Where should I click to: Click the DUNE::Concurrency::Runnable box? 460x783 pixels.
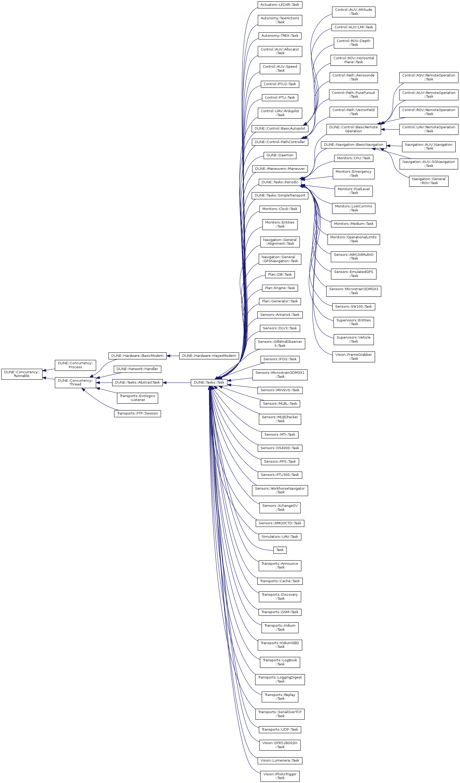[22, 374]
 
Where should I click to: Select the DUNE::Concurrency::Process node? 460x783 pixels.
[75, 365]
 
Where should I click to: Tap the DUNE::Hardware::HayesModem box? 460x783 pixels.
[209, 356]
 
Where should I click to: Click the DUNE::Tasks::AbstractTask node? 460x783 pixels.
[137, 383]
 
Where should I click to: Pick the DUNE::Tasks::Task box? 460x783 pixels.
[209, 383]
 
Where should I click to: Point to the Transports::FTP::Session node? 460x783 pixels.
[137, 413]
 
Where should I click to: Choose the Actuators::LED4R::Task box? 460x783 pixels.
[280, 5]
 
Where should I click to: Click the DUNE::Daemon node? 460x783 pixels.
[280, 155]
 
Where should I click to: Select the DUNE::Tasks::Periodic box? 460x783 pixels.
[280, 182]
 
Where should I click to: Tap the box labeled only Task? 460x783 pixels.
[280, 550]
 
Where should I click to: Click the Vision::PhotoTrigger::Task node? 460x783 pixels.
[280, 776]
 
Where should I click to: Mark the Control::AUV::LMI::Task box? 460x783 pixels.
[353, 27]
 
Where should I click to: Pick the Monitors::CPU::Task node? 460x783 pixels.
[353, 158]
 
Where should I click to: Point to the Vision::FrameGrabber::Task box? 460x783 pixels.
[353, 357]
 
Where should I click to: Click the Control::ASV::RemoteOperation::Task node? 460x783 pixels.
[429, 77]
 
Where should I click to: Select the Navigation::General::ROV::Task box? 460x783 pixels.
[429, 181]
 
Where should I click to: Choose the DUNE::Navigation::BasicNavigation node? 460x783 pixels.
[353, 144]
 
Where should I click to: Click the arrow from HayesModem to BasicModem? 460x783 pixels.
[173, 356]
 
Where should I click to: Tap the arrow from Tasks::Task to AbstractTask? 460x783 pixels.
[176, 383]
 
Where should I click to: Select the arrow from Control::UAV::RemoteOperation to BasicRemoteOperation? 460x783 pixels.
[390, 129]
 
